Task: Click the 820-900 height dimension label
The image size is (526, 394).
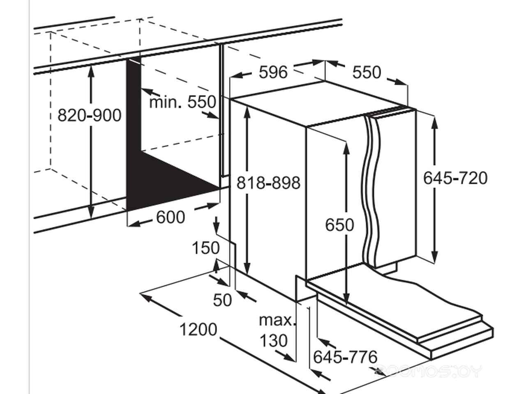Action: (x=90, y=116)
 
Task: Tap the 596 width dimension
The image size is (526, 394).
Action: (x=273, y=72)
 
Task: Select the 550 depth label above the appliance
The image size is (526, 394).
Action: (x=367, y=72)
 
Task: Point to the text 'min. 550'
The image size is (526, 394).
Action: (x=182, y=102)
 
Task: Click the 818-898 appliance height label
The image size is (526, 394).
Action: (x=268, y=183)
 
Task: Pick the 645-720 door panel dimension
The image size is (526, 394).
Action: (x=455, y=178)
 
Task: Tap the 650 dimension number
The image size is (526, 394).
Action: (x=339, y=225)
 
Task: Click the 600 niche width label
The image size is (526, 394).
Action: (x=171, y=217)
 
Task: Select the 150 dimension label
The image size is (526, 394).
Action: (x=206, y=248)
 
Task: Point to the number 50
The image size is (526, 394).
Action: (x=222, y=300)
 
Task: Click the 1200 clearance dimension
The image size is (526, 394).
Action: (x=198, y=330)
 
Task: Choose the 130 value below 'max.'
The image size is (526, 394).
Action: (x=273, y=340)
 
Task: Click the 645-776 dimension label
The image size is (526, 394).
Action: (x=345, y=357)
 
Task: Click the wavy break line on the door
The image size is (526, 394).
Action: (x=371, y=191)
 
